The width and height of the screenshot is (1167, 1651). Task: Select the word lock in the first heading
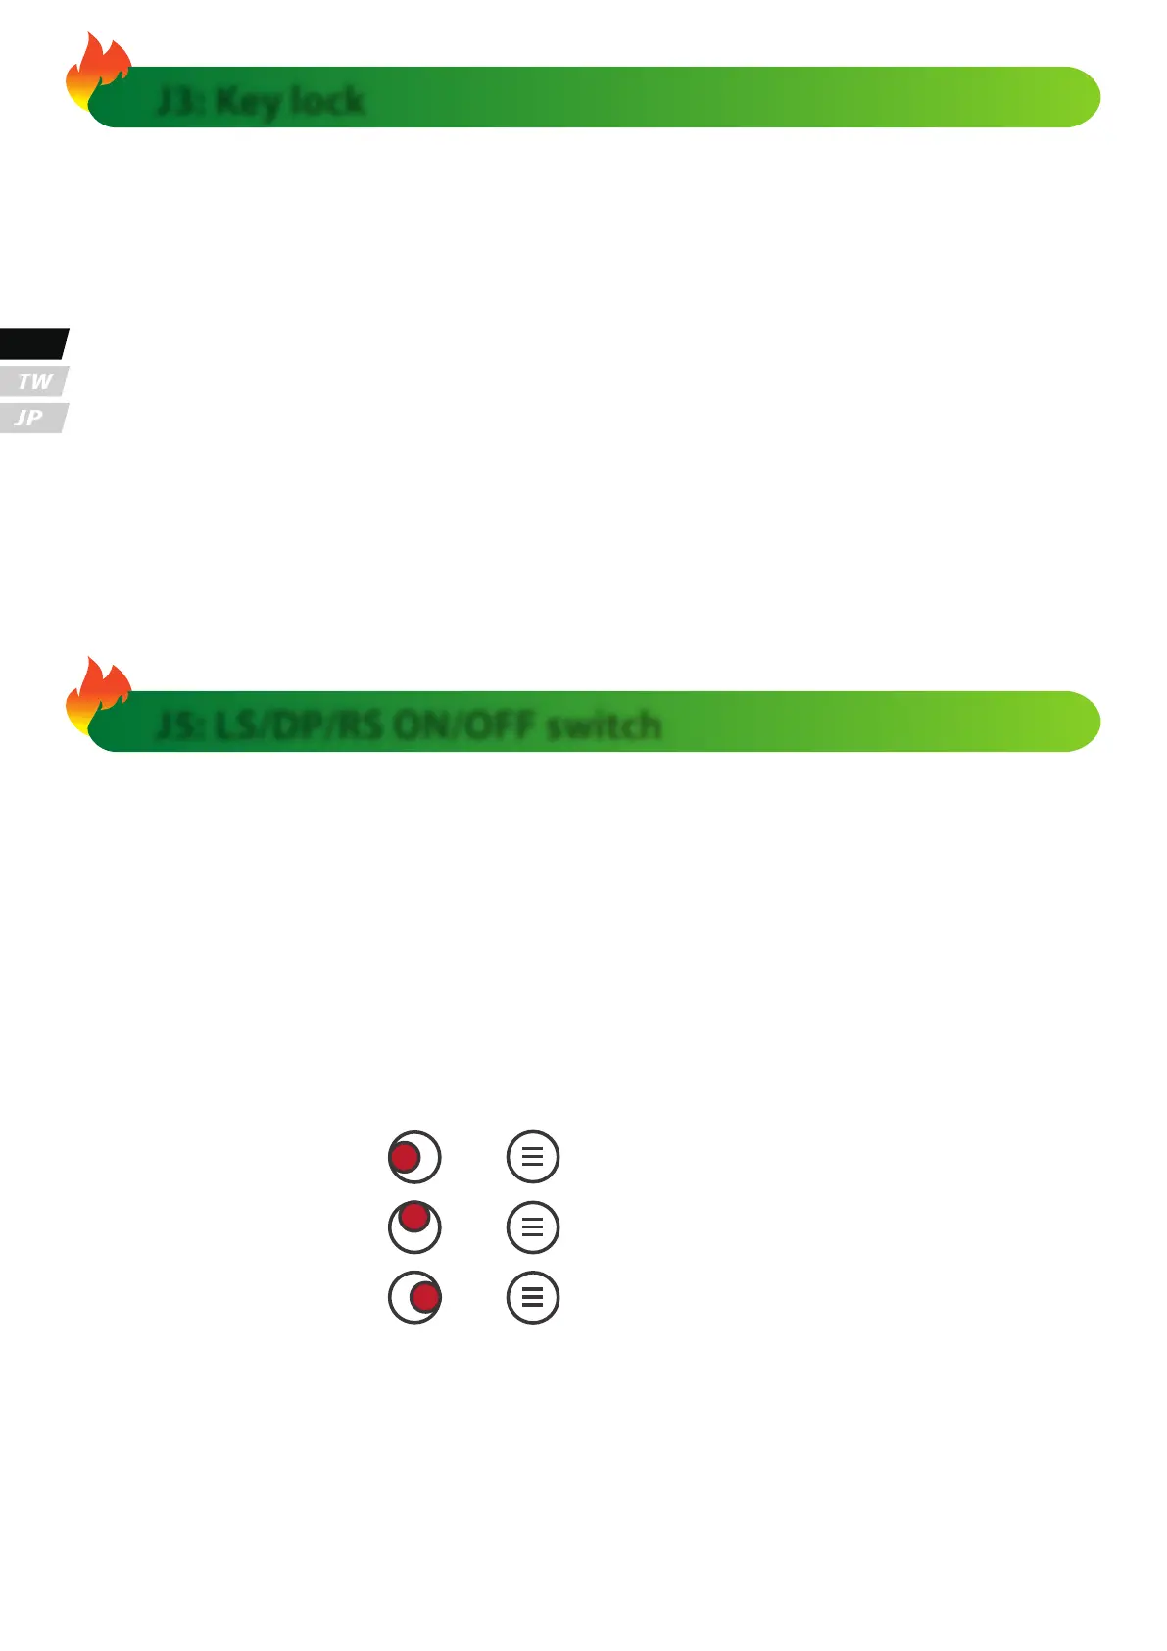326,100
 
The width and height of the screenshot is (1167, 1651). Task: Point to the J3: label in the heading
180,101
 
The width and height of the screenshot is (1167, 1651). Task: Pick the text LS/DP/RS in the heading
298,725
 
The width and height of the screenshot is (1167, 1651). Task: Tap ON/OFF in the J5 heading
464,725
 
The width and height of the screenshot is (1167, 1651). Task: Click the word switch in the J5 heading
603,725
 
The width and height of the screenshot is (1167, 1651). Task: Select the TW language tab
34,381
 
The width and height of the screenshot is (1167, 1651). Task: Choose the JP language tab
30,418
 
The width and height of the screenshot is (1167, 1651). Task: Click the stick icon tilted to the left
414,1157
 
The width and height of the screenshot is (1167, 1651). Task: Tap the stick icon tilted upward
414,1227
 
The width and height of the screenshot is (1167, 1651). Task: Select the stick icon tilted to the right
414,1298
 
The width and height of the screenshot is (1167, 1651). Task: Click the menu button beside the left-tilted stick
533,1157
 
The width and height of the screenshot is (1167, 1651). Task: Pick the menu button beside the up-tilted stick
533,1227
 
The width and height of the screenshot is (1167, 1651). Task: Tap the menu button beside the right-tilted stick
533,1298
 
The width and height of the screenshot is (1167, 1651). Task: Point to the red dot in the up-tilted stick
414,1218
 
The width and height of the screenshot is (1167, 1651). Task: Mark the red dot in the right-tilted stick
425,1298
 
